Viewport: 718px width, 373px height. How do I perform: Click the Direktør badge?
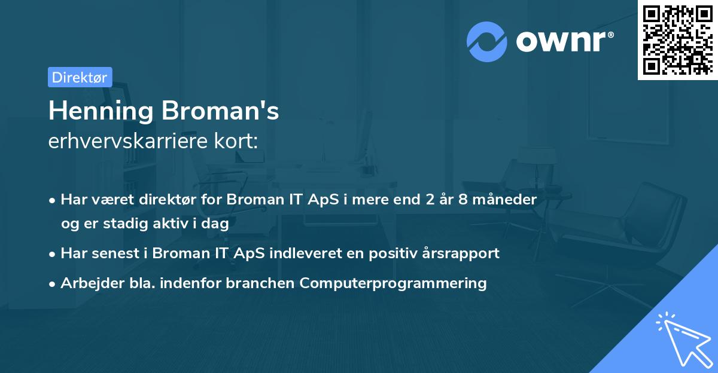[80, 77]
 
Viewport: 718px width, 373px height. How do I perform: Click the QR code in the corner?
[677, 39]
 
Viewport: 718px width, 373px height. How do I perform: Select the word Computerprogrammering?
[393, 283]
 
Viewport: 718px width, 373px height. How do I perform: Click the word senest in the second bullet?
[115, 253]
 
